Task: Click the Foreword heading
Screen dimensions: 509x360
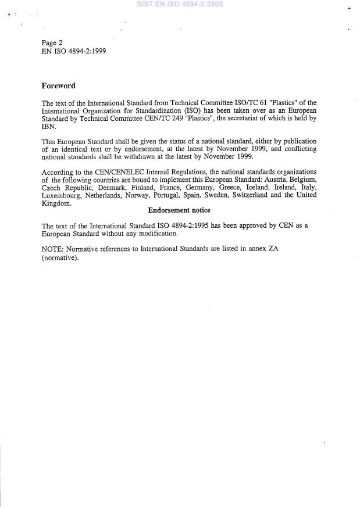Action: pyautogui.click(x=58, y=86)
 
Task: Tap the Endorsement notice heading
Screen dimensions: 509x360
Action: pyautogui.click(x=179, y=210)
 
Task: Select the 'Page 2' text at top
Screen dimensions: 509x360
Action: pyautogui.click(x=52, y=43)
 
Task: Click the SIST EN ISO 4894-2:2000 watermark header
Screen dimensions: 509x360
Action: pyautogui.click(x=179, y=4)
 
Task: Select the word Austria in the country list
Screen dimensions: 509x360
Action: pyautogui.click(x=275, y=180)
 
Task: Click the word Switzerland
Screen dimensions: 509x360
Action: pyautogui.click(x=253, y=196)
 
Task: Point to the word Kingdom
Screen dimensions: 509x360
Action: pyautogui.click(x=56, y=203)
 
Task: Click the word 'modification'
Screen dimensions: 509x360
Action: pyautogui.click(x=157, y=234)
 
